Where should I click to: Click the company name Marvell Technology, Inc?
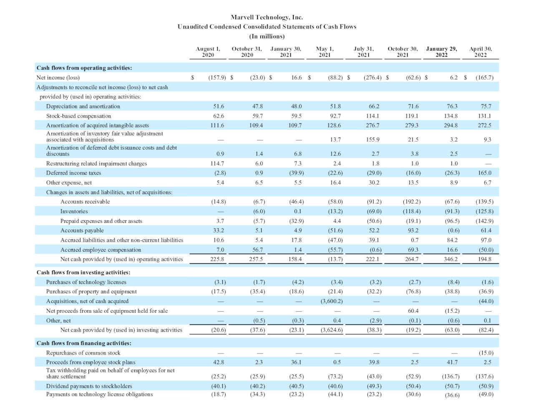(267, 17)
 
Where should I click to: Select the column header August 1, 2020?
(208, 52)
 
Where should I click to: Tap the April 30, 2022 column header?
(480, 52)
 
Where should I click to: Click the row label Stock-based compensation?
(78, 116)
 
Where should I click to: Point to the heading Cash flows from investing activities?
(83, 272)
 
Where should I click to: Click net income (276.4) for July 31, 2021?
(373, 77)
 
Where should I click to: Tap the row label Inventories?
(74, 211)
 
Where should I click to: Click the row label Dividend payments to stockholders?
(89, 386)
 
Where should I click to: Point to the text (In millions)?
(267, 36)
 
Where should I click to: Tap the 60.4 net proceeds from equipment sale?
(413, 311)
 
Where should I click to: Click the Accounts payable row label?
(82, 230)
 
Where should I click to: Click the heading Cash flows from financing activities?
(84, 343)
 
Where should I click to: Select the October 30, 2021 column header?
(403, 52)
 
